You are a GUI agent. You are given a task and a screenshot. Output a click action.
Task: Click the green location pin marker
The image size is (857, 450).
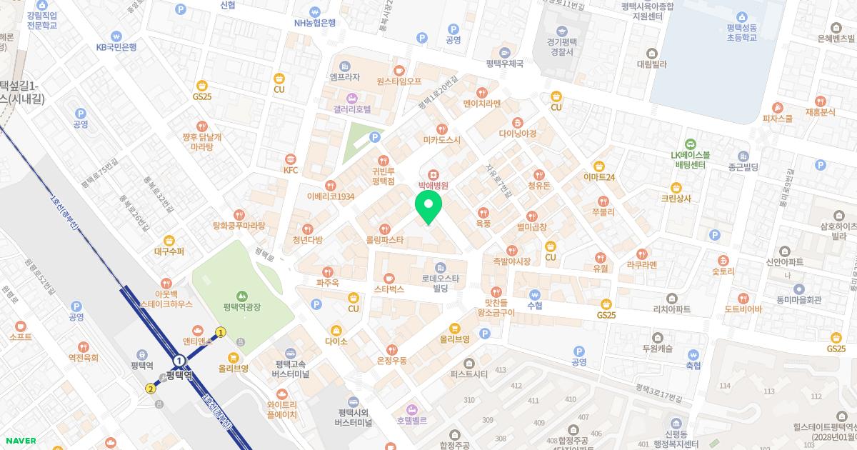[428, 208]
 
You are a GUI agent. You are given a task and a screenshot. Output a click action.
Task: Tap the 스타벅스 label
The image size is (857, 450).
[389, 289]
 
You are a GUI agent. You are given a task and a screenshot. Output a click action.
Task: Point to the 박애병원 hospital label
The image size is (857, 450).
[433, 185]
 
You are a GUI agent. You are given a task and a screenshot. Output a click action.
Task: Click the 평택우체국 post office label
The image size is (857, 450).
[504, 63]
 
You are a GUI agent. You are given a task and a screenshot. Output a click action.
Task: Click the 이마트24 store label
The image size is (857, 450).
[598, 176]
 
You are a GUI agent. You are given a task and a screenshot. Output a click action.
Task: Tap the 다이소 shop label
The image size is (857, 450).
[336, 341]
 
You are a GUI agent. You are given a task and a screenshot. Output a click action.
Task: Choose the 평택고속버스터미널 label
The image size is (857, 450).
[291, 369]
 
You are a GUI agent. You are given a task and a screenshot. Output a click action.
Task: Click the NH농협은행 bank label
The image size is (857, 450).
[315, 22]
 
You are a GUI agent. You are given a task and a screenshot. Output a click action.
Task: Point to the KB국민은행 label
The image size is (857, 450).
[116, 47]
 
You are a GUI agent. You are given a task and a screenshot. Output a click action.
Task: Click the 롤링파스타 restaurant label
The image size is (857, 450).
[384, 240]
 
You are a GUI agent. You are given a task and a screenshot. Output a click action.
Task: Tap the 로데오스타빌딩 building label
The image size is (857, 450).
[440, 283]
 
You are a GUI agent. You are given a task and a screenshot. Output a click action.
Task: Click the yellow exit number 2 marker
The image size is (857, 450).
[150, 389]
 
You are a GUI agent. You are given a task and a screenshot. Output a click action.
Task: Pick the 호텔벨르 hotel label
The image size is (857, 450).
[411, 420]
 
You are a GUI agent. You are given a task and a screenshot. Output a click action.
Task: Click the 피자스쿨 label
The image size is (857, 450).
[777, 119]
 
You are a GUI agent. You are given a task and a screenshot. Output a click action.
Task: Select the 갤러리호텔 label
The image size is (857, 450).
[351, 109]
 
